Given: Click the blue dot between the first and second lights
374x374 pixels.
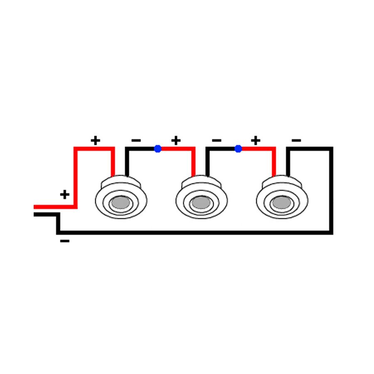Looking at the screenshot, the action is pyautogui.click(x=157, y=149).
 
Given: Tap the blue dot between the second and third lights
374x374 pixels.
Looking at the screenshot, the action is pyautogui.click(x=238, y=149).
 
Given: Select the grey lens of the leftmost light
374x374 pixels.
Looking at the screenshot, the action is pyautogui.click(x=121, y=202).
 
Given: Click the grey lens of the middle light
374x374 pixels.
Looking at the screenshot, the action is pyautogui.click(x=201, y=202).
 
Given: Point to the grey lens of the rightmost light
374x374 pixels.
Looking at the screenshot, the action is pyautogui.click(x=282, y=202).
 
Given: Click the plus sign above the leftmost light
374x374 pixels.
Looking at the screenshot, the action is pyautogui.click(x=96, y=140).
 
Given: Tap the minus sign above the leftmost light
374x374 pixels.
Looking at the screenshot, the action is pyautogui.click(x=136, y=140).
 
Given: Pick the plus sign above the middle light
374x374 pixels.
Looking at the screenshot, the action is pyautogui.click(x=176, y=140).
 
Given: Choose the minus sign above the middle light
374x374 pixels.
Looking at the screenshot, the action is pyautogui.click(x=217, y=140).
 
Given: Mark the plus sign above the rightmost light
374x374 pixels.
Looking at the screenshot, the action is pyautogui.click(x=256, y=140).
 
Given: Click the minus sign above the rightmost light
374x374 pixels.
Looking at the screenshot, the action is pyautogui.click(x=296, y=140).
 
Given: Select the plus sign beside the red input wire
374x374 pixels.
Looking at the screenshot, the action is pyautogui.click(x=65, y=194).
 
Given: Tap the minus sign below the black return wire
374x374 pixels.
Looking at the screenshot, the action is pyautogui.click(x=65, y=241).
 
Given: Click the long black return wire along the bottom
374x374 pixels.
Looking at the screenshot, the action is pyautogui.click(x=194, y=233).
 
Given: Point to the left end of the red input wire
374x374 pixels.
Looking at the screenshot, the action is pyautogui.click(x=34, y=207).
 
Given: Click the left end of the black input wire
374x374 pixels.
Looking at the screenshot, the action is pyautogui.click(x=34, y=214).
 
